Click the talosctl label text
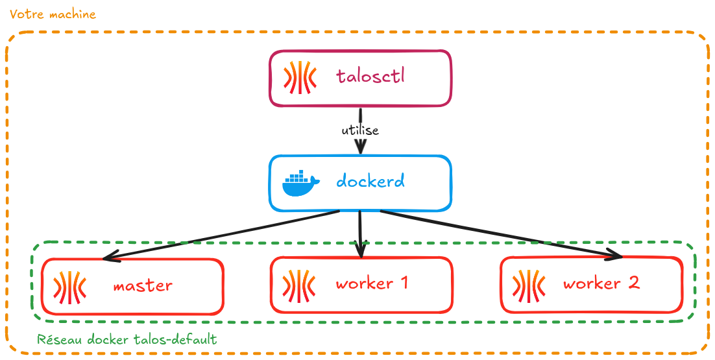[x=370, y=76]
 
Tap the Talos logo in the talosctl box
[x=300, y=77]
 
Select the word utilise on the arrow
[x=360, y=130]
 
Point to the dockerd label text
[x=370, y=180]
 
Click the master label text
[x=143, y=285]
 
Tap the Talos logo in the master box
[x=70, y=286]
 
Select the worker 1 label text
[x=372, y=283]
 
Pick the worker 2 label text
[x=601, y=283]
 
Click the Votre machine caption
[x=53, y=14]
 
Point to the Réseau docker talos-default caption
[x=127, y=339]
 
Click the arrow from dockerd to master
[x=221, y=235]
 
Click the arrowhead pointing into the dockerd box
[x=361, y=149]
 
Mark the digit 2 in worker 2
[x=633, y=283]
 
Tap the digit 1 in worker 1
[x=403, y=283]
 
